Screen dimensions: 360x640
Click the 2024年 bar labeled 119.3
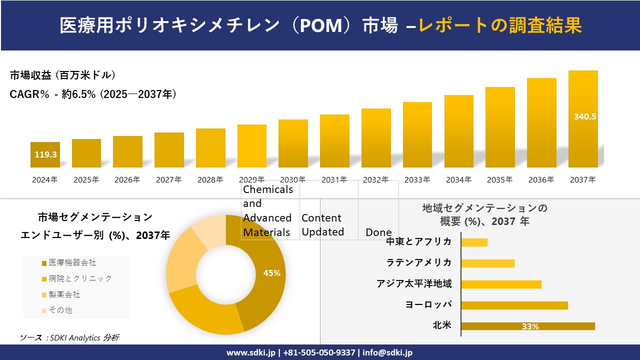coord(45,154)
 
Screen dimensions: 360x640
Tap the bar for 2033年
coord(417,134)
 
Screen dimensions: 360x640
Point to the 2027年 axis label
coord(168,179)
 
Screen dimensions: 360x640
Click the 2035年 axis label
coord(500,179)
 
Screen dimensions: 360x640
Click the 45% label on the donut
coord(271,273)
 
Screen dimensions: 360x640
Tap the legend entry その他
coord(60,310)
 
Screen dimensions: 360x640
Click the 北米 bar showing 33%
coord(527,326)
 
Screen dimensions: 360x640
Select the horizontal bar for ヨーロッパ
coord(514,305)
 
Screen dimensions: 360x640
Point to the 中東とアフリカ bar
coord(474,242)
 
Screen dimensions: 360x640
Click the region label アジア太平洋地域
coord(414,284)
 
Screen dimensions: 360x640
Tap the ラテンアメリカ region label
coord(418,262)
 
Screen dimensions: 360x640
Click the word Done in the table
coord(378,232)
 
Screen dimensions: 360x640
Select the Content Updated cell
coord(322,225)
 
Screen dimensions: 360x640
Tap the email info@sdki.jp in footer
coord(387,352)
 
